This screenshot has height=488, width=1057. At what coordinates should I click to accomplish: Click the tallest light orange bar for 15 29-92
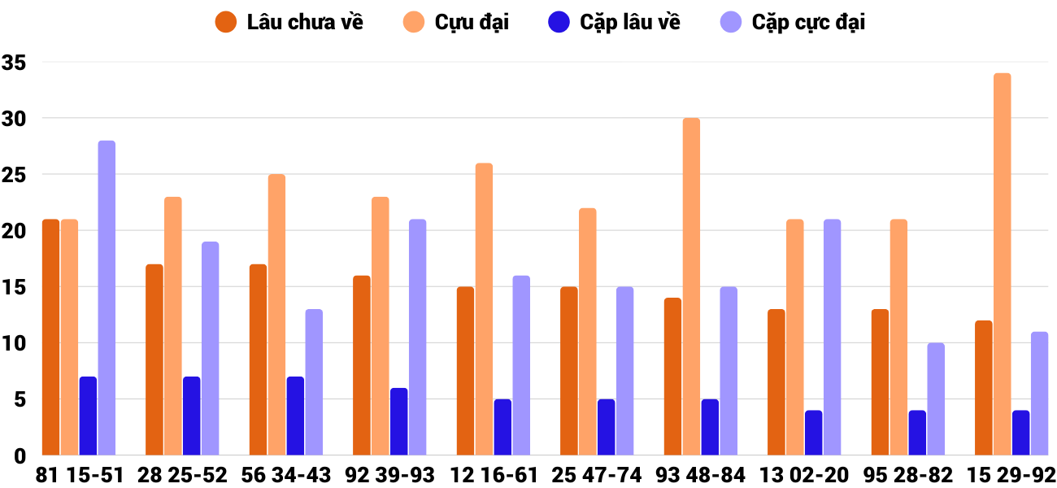(x=1002, y=264)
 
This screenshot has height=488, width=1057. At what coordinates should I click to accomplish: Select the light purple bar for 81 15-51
(x=107, y=298)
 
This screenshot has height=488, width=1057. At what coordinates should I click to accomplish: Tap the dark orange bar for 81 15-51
(x=50, y=338)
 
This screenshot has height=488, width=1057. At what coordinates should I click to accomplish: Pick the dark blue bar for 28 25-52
(x=191, y=416)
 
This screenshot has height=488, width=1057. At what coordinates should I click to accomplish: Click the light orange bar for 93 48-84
(x=691, y=286)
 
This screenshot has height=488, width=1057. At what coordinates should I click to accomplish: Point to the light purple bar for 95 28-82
(x=936, y=399)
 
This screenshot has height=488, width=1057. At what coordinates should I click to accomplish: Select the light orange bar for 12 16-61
(x=484, y=309)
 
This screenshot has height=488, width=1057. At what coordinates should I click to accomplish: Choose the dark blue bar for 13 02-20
(x=813, y=433)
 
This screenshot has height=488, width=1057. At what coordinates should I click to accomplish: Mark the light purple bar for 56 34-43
(x=314, y=382)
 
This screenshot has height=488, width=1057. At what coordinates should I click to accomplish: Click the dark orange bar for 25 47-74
(x=569, y=371)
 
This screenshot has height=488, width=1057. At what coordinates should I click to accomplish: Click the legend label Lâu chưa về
(x=305, y=22)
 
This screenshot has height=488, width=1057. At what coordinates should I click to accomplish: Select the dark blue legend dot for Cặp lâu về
(x=559, y=22)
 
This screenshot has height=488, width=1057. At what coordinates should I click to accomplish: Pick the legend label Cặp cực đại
(x=808, y=22)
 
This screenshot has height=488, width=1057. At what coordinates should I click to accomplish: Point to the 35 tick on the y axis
(x=15, y=63)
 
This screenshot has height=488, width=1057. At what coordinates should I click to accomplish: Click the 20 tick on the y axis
(x=15, y=231)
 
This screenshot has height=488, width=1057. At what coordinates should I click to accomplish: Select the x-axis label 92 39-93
(x=389, y=475)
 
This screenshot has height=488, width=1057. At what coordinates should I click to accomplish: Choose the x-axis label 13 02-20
(x=804, y=475)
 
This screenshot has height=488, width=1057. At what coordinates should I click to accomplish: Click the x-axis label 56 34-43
(x=286, y=475)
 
